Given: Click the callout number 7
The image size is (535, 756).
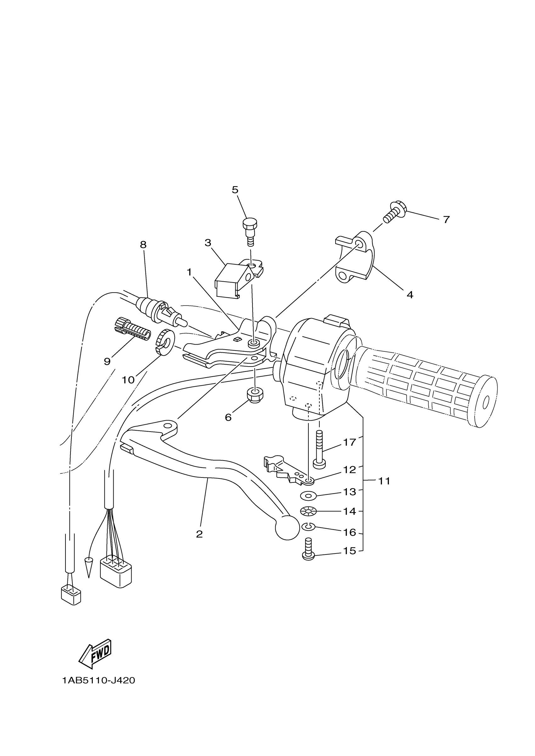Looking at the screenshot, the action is click(446, 220).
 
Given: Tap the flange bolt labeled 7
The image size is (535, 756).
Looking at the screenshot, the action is click(395, 212).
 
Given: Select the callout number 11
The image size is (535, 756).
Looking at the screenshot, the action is click(384, 481).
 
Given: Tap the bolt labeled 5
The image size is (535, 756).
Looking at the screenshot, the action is click(250, 230).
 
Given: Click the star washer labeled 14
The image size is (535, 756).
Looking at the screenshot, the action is click(308, 511).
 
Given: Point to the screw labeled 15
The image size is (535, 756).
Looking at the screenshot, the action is click(308, 550).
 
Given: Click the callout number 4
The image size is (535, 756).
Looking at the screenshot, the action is click(410, 295).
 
